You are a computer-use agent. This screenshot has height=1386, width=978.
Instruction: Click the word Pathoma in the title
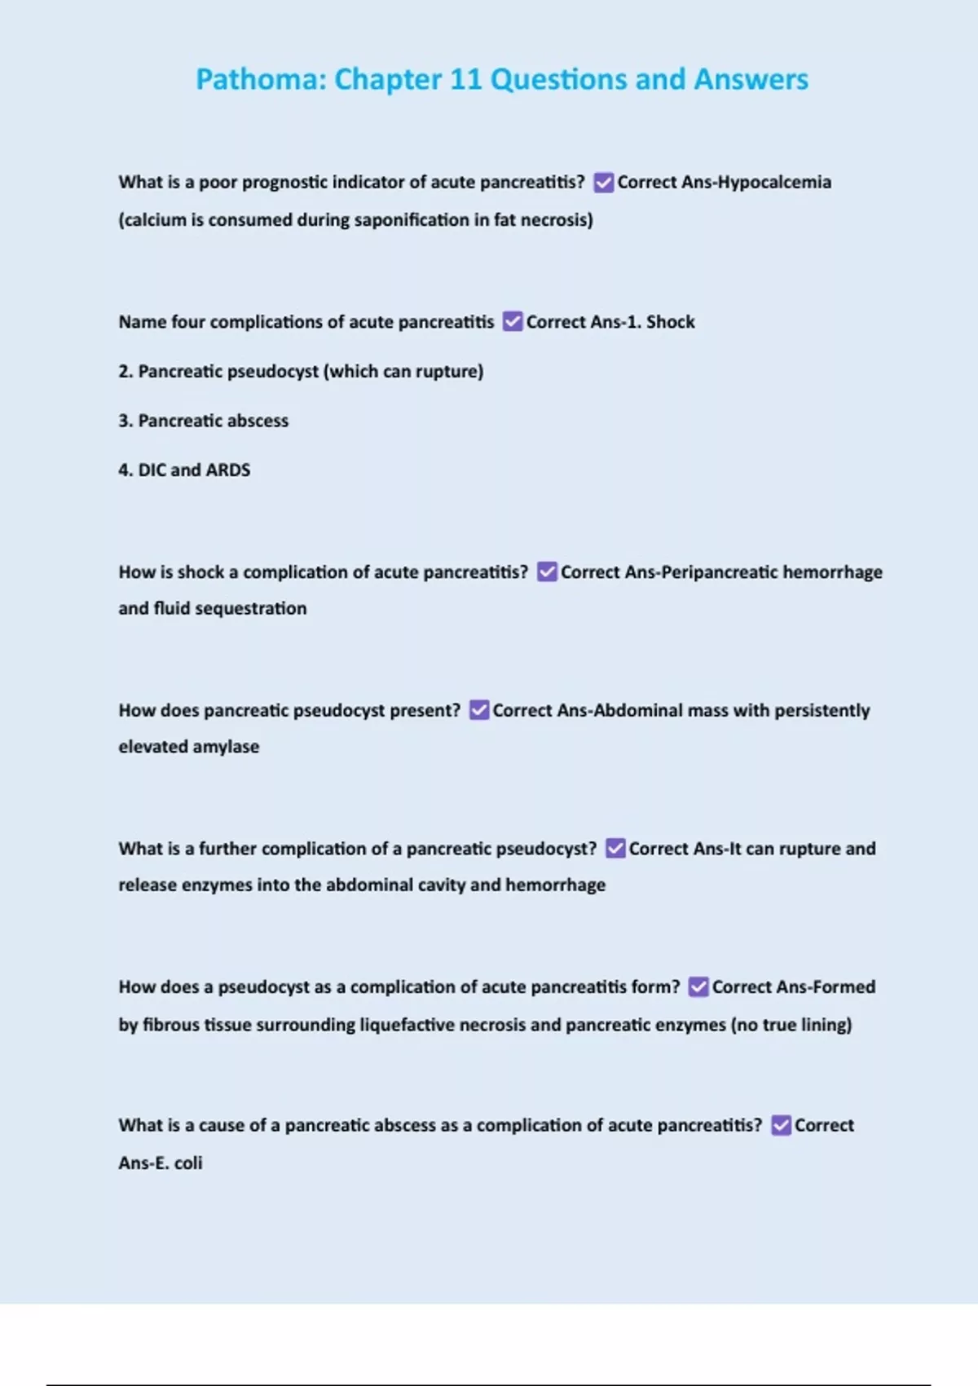click(x=260, y=79)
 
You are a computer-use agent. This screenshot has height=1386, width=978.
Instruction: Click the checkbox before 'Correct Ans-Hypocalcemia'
click(x=603, y=182)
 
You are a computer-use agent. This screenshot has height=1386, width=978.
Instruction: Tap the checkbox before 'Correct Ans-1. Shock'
click(x=512, y=321)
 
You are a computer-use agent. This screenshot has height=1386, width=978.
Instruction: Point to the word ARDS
click(x=228, y=470)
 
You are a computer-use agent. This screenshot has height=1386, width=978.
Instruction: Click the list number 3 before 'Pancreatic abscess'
click(x=124, y=421)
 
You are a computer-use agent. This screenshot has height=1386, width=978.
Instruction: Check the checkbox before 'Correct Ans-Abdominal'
click(x=479, y=710)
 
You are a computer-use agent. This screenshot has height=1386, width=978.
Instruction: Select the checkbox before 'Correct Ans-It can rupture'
click(x=615, y=849)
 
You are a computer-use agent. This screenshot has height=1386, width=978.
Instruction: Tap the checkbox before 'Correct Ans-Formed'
click(x=698, y=987)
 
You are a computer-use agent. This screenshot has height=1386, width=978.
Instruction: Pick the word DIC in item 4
click(x=152, y=470)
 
